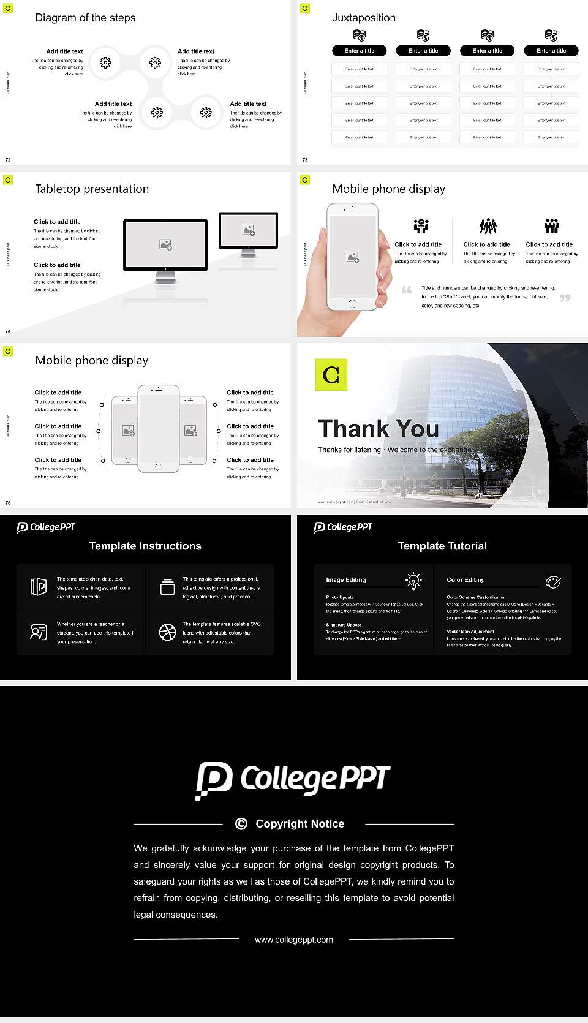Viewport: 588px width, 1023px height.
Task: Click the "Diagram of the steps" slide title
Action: [85, 18]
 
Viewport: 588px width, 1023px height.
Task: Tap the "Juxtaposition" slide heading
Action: [363, 18]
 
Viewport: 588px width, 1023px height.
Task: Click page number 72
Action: [8, 160]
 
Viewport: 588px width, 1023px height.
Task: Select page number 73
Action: [305, 160]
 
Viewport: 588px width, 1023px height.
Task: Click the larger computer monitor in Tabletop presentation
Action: [165, 245]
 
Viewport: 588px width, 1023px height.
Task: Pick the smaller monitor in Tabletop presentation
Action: [248, 230]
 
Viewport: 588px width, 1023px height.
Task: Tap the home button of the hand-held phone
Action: [352, 303]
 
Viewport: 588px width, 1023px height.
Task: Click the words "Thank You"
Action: [378, 429]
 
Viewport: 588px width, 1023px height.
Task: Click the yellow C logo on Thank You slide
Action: [331, 374]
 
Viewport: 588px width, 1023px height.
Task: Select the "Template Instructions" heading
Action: [145, 546]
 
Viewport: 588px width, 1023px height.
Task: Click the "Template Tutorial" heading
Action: [442, 546]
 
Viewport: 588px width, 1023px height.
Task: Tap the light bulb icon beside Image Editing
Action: [413, 581]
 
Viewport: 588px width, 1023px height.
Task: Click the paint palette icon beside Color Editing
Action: [553, 581]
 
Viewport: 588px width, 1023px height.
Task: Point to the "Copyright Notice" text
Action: [300, 824]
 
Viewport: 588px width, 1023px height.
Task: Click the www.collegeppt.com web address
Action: [294, 940]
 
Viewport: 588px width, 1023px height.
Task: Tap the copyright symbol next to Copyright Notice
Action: [241, 824]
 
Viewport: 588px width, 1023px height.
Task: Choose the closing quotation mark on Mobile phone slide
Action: [564, 298]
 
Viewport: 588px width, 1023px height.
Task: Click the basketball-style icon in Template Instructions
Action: [167, 632]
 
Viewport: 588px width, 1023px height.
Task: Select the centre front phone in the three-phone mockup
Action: [158, 429]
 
